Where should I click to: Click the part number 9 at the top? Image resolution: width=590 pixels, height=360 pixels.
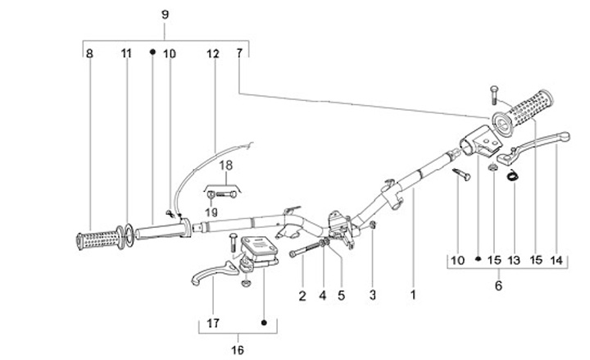click(x=165, y=15)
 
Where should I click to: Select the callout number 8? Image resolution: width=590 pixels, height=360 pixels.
click(x=89, y=53)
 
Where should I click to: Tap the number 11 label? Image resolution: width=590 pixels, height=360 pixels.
click(x=126, y=53)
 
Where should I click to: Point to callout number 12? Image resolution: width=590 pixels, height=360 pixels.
click(x=213, y=53)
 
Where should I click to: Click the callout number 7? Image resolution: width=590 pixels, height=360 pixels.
click(x=239, y=53)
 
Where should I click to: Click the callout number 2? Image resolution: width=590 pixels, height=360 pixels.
click(x=302, y=294)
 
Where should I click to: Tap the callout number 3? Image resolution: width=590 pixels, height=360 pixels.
click(x=373, y=294)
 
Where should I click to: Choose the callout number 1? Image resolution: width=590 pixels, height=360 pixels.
click(x=414, y=294)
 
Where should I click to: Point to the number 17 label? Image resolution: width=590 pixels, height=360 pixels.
click(x=212, y=323)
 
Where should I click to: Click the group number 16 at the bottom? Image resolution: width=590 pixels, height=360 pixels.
click(x=237, y=350)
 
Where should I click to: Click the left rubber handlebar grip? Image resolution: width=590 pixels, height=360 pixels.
click(x=96, y=240)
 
